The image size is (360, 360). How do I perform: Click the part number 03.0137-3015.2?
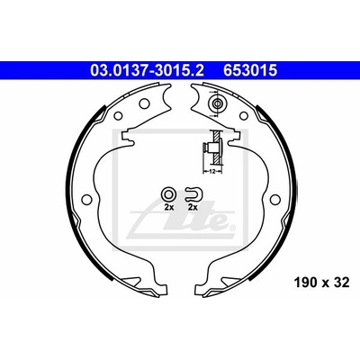[147, 71]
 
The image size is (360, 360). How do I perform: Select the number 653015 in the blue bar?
[249, 71]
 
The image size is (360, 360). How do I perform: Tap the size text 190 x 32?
[322, 283]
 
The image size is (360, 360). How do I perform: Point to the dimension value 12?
[212, 172]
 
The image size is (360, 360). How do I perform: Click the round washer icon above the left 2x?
[167, 193]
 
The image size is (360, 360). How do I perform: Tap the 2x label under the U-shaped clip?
[193, 207]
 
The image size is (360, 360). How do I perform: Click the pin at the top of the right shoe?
[217, 103]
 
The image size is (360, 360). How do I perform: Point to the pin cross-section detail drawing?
[212, 148]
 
